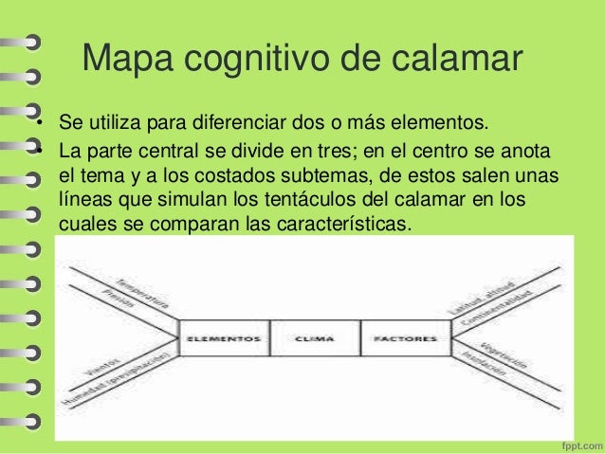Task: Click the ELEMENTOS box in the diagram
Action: point(224,337)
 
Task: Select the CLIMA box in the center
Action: point(315,337)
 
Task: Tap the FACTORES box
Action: point(405,337)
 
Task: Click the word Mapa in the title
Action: point(124,60)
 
